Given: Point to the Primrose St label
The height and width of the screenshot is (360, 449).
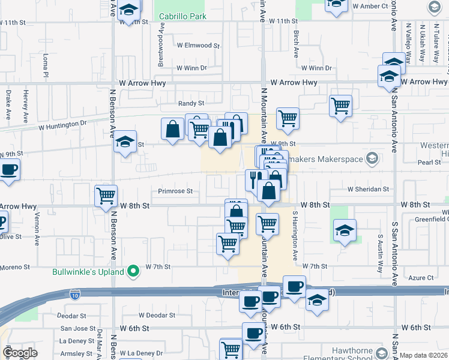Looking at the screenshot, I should click(x=175, y=192).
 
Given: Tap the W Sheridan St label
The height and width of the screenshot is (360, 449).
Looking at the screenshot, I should click(x=368, y=189).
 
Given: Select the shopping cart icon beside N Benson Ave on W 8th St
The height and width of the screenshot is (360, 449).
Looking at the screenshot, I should click(x=106, y=195).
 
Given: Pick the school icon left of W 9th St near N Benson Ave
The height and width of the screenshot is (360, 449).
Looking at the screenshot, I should click(x=125, y=142).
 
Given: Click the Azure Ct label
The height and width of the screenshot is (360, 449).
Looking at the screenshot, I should click(x=420, y=278).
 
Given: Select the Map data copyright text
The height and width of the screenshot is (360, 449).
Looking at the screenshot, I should click(x=424, y=355).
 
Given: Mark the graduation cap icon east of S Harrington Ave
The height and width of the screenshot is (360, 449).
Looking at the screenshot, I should click(x=345, y=229).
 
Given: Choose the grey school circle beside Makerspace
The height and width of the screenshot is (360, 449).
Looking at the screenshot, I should click(x=372, y=158).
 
